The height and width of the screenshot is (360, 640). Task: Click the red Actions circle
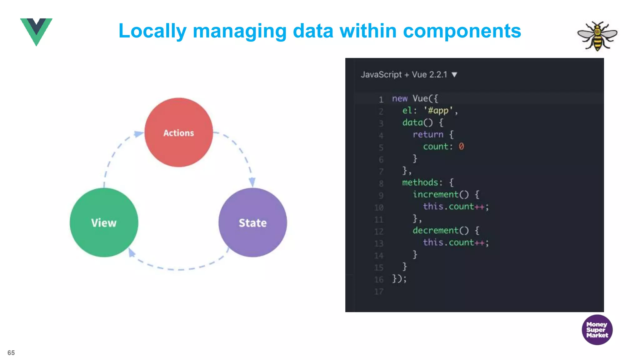(178, 132)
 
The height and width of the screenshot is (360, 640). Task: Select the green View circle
(104, 222)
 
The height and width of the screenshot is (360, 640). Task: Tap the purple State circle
(252, 222)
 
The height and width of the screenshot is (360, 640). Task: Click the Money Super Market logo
(597, 330)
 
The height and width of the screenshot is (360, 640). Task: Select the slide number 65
(11, 353)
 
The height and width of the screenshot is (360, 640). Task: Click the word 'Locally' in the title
(152, 31)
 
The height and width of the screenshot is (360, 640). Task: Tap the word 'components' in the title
(462, 31)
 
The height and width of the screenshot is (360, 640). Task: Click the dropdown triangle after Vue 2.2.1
(454, 75)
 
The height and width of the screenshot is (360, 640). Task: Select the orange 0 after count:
(461, 146)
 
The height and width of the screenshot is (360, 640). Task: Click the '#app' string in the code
(438, 110)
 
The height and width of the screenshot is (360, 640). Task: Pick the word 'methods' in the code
(420, 182)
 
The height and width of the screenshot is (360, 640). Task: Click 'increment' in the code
(436, 194)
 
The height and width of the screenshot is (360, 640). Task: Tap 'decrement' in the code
(436, 230)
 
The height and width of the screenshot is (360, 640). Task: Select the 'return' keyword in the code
(428, 134)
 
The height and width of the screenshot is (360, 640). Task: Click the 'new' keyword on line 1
(400, 98)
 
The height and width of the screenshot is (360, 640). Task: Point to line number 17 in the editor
(379, 292)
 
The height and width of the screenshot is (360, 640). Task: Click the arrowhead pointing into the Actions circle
(139, 134)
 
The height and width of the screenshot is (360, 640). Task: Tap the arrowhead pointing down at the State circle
(252, 182)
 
